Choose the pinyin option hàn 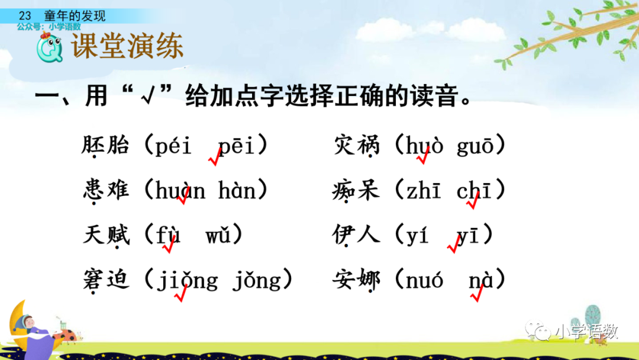pyautogui.click(x=237, y=191)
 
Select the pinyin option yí pyautogui.click(x=418, y=236)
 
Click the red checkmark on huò pyautogui.click(x=422, y=157)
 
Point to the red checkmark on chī pyautogui.click(x=473, y=202)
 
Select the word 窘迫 pyautogui.click(x=106, y=280)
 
